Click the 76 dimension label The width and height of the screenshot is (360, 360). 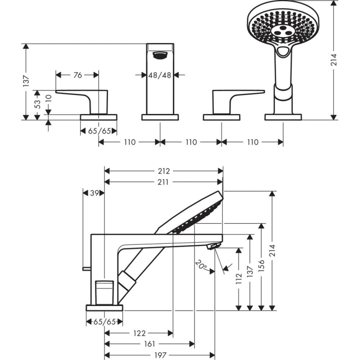(x=77, y=75)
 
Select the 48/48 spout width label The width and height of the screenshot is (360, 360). (x=159, y=75)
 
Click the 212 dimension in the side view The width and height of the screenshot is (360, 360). (x=164, y=171)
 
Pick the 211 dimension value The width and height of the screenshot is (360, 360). (x=164, y=182)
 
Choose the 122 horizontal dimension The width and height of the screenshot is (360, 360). (x=138, y=333)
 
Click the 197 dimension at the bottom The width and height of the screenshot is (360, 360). (x=159, y=355)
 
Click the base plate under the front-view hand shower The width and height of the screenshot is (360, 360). (x=283, y=117)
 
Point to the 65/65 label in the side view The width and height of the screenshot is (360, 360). (x=104, y=322)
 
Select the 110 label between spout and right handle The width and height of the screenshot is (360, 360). (x=191, y=142)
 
